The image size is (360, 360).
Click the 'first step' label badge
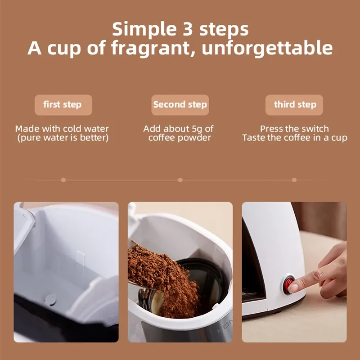[63, 105]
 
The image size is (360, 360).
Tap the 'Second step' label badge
[180, 105]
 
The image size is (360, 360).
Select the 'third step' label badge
[295, 105]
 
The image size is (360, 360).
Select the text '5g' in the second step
[197, 129]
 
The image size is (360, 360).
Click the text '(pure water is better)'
[63, 138]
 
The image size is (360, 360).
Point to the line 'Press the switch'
[294, 129]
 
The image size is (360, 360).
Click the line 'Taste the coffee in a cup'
[294, 138]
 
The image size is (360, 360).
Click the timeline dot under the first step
[63, 180]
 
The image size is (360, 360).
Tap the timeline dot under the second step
[180, 180]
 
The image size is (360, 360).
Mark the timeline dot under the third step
[294, 180]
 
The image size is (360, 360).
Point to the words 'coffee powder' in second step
[180, 138]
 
